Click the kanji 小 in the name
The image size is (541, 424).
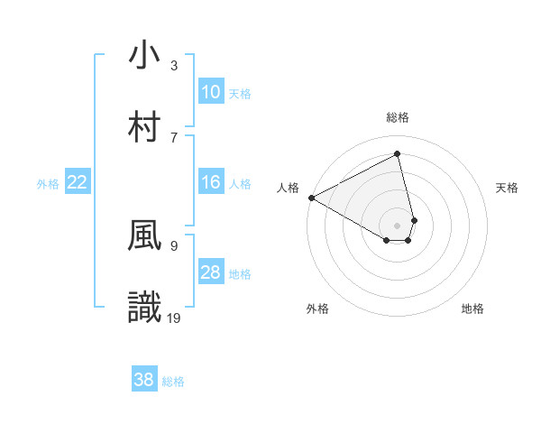pos(145,55)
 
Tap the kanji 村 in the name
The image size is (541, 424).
pos(145,127)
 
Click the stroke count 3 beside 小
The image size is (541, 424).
pos(174,65)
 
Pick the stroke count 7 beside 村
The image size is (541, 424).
pos(174,137)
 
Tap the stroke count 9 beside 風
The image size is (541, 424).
pos(174,244)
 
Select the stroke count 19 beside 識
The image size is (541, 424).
pos(175,318)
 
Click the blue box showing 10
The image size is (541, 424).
pos(211,92)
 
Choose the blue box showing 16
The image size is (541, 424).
pos(211,182)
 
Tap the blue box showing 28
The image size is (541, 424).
pos(211,272)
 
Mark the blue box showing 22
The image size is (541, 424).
pos(78,182)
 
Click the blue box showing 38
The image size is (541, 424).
pos(144,380)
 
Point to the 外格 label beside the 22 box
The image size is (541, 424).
pos(48,184)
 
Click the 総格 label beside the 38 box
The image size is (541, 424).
pos(173,382)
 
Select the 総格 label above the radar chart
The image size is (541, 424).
pos(398,117)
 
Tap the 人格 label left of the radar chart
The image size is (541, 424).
pos(289,188)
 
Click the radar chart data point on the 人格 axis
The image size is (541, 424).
pos(311,198)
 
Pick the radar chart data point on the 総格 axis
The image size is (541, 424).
pos(398,153)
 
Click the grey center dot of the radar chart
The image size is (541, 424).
pos(398,225)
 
